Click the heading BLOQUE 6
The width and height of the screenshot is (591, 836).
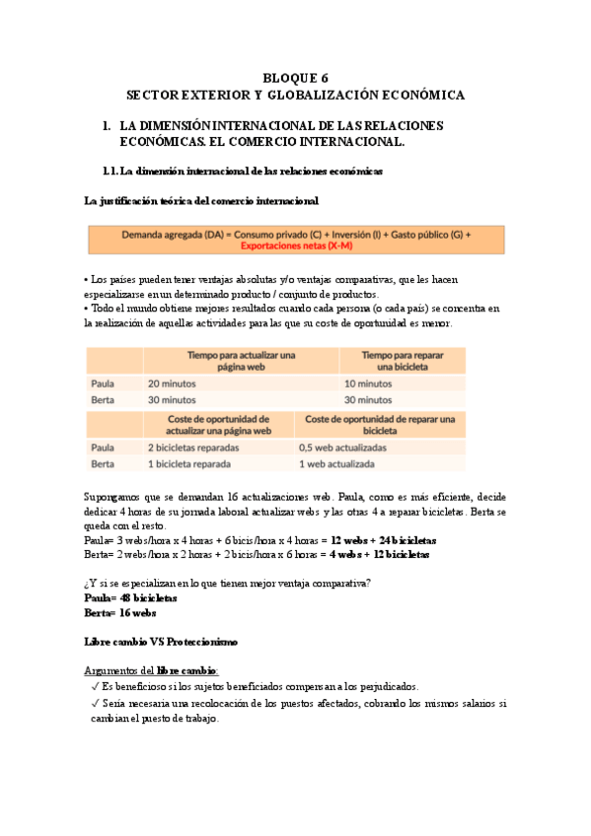tap(295, 77)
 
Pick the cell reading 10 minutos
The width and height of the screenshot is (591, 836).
tap(368, 383)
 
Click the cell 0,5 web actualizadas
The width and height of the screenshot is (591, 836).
tap(342, 447)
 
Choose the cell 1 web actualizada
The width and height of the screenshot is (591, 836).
tap(338, 463)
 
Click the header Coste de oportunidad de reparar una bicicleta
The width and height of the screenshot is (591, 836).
tap(380, 424)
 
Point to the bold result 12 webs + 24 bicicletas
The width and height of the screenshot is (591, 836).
tap(384, 541)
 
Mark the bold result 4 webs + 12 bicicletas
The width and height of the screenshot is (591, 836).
tap(379, 555)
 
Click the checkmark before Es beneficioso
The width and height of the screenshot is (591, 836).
tap(94, 686)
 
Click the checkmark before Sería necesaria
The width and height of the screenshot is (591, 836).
tap(94, 704)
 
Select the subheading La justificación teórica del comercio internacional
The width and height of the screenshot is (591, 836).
tap(202, 201)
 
